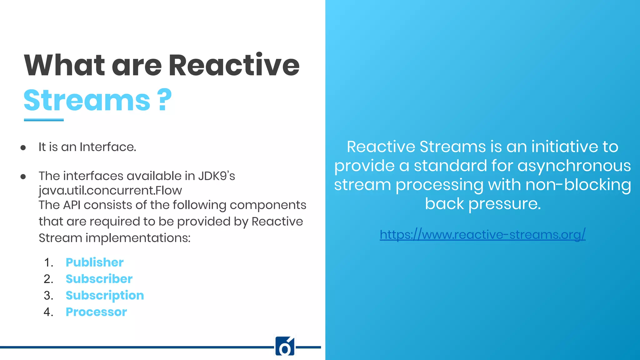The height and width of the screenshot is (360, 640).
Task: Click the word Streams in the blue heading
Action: [87, 100]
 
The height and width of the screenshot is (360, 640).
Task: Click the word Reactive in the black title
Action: [234, 65]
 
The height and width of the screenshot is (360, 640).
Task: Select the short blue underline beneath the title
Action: [44, 120]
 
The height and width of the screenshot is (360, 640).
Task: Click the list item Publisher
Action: [94, 262]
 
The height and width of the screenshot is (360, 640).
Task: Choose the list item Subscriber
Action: [99, 279]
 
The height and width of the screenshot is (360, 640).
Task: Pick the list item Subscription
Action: [105, 296]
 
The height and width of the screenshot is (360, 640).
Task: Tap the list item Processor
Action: [96, 312]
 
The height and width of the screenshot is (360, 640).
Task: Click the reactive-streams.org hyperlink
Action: [482, 234]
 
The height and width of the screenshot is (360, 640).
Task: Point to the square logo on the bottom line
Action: [285, 346]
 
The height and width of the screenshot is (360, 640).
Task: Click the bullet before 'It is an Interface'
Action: [23, 147]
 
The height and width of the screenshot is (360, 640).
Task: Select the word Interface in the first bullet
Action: [108, 147]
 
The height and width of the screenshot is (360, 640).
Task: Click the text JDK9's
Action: [217, 176]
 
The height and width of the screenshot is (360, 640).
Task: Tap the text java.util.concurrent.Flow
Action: [110, 190]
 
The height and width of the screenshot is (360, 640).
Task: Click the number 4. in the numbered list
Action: [48, 312]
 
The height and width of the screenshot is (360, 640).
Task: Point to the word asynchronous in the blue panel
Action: [574, 165]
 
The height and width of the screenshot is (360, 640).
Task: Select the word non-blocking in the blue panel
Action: [578, 184]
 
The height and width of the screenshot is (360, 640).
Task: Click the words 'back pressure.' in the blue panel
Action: [482, 204]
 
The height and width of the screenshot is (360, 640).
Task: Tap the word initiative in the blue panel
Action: [564, 147]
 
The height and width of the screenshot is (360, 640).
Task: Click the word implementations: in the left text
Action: [138, 238]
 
